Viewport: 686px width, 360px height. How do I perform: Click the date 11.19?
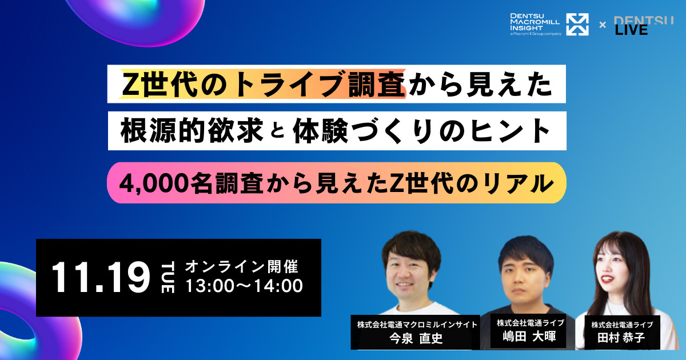point(100,278)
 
